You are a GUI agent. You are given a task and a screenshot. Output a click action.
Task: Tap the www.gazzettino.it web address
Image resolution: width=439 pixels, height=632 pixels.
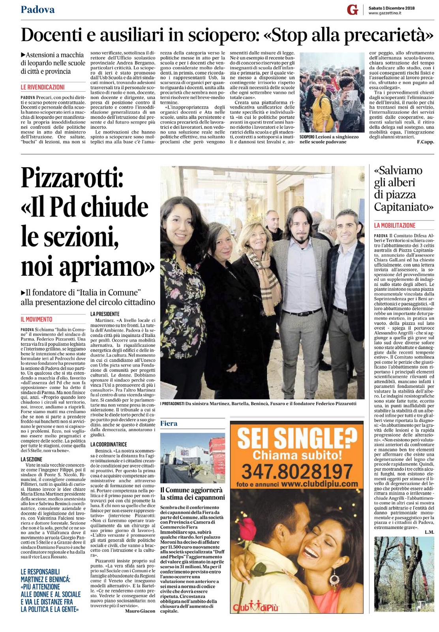coord(385,14)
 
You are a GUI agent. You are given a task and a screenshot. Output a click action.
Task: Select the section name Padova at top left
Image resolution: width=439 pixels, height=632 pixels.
coord(38,9)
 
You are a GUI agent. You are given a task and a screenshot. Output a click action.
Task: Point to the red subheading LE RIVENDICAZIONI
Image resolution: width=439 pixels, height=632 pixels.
coord(43,87)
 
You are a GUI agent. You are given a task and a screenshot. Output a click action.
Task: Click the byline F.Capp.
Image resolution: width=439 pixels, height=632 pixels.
coord(425,143)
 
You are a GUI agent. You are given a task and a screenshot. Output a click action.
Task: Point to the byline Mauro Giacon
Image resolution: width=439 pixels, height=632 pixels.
coord(140,611)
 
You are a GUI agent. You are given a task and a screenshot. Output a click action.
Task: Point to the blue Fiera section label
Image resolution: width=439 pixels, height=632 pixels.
coord(169,423)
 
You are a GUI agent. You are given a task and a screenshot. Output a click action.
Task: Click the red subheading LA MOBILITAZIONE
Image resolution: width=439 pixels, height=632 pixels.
coord(395,226)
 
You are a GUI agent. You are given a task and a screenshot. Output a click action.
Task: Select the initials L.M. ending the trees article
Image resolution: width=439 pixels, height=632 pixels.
coord(429,532)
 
